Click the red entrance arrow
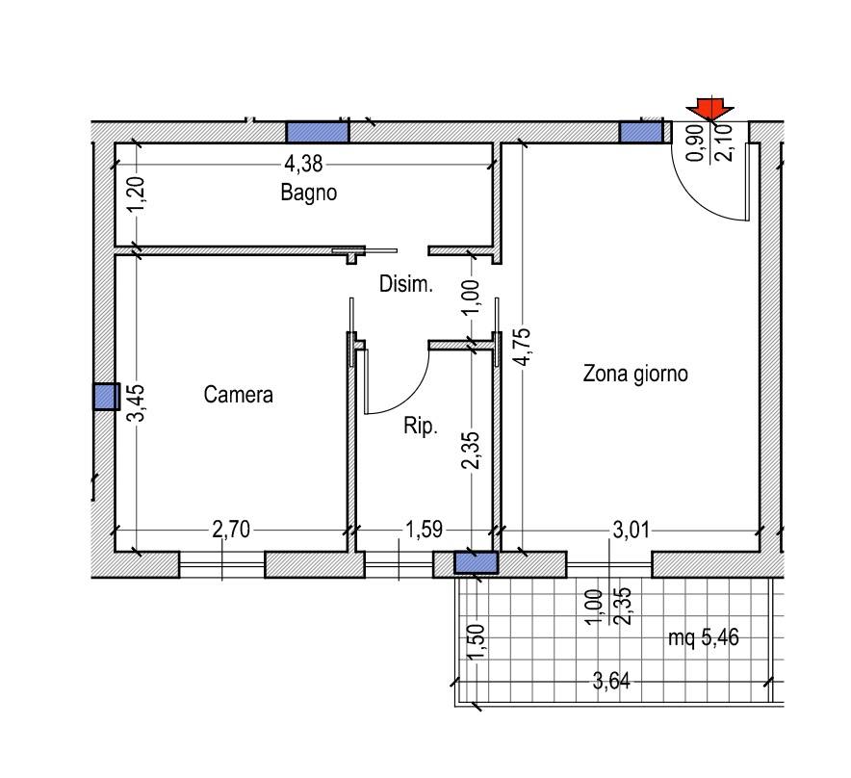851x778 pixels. [x=709, y=109]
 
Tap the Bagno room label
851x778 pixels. [x=309, y=193]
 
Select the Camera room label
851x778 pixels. [x=238, y=394]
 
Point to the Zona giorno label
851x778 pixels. [x=635, y=374]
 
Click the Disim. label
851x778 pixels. [x=406, y=284]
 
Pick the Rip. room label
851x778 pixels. [x=421, y=427]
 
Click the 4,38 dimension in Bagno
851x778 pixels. [x=303, y=164]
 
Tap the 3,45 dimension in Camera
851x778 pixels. [x=136, y=402]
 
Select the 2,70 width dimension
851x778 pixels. [x=231, y=530]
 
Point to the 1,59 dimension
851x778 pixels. [x=425, y=530]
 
